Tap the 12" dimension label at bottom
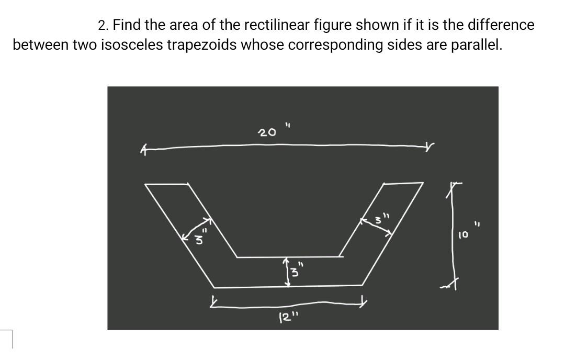point(287,317)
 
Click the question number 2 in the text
point(103,25)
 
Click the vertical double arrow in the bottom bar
point(287,271)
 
